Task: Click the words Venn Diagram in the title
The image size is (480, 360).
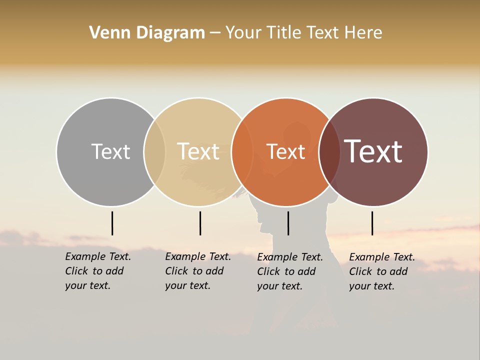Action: pyautogui.click(x=147, y=33)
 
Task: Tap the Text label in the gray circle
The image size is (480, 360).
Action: pyautogui.click(x=110, y=151)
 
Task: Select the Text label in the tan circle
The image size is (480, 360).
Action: pyautogui.click(x=198, y=151)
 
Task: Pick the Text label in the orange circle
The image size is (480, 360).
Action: pyautogui.click(x=285, y=151)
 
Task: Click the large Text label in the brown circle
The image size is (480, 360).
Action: pyautogui.click(x=373, y=151)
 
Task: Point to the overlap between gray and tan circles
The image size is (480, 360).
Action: pyautogui.click(x=154, y=152)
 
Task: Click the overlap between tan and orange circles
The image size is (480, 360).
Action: pyautogui.click(x=242, y=152)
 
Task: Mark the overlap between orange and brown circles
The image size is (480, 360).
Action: pyautogui.click(x=329, y=152)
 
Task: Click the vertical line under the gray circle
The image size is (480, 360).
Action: pyautogui.click(x=112, y=223)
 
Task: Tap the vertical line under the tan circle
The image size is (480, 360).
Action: pyautogui.click(x=200, y=223)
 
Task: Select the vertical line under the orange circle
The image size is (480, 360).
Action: pyautogui.click(x=288, y=223)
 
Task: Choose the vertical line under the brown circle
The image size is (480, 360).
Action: pyautogui.click(x=372, y=223)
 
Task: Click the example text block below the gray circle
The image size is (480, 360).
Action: pyautogui.click(x=98, y=271)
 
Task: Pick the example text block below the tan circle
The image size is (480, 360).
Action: pyautogui.click(x=198, y=271)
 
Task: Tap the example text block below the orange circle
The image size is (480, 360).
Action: pyautogui.click(x=290, y=271)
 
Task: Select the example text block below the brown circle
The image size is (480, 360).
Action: pyautogui.click(x=382, y=271)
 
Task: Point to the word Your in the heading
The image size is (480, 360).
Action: pyautogui.click(x=243, y=33)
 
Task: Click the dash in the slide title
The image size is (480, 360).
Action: pyautogui.click(x=215, y=33)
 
